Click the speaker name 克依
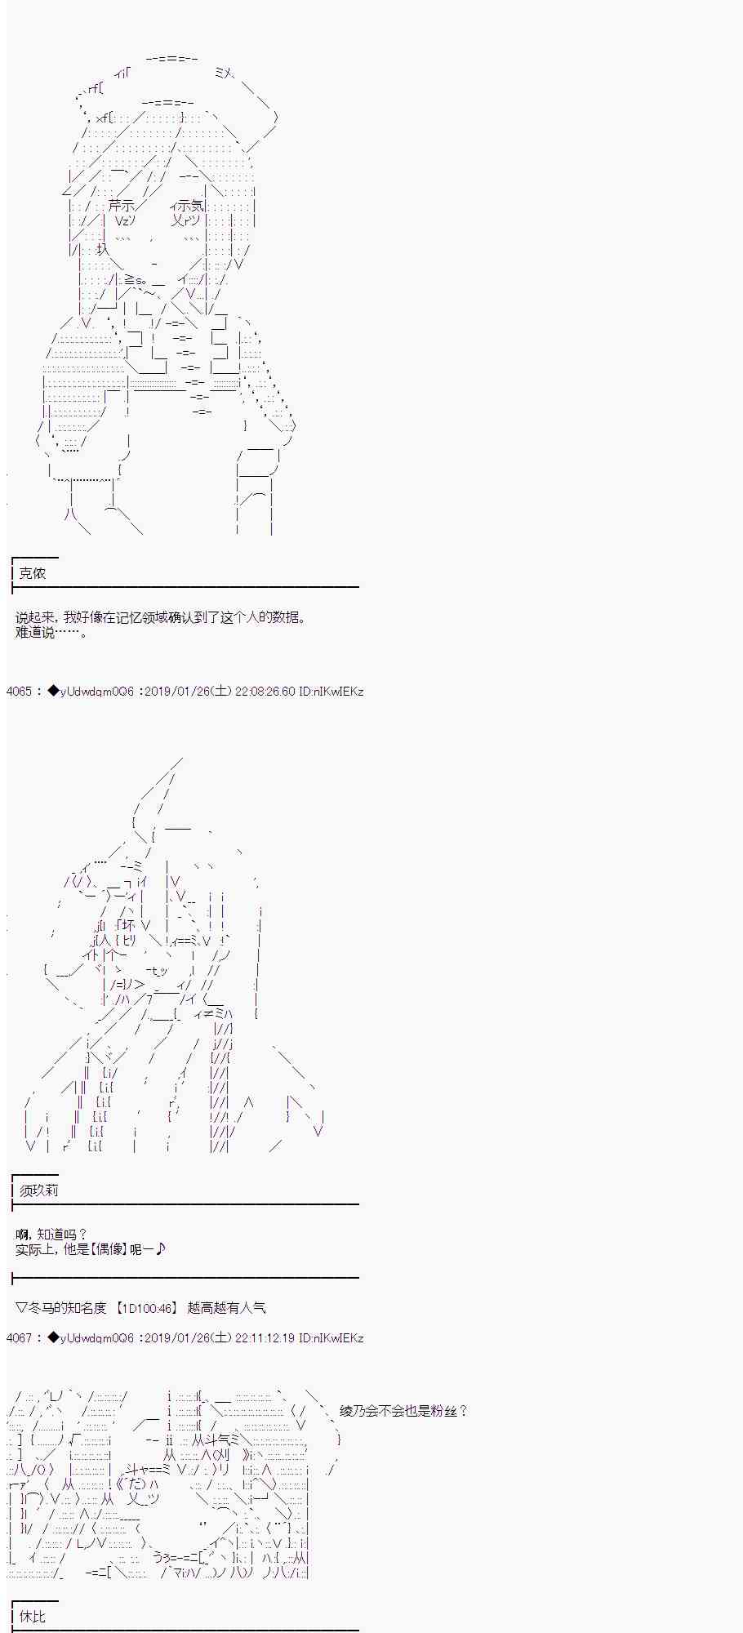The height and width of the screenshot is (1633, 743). pos(33,573)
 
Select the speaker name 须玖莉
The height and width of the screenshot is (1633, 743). pos(39,1190)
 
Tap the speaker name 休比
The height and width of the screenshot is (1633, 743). pos(33,1616)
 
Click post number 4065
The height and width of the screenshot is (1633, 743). pos(19,692)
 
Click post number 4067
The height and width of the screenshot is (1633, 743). pos(19,1338)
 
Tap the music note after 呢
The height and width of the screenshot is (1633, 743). pos(160,1248)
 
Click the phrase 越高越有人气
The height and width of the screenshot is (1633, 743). pos(226,1307)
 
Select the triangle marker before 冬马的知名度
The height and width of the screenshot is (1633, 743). pos(22,1308)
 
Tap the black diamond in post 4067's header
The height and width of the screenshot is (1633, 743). pos(54,1338)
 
